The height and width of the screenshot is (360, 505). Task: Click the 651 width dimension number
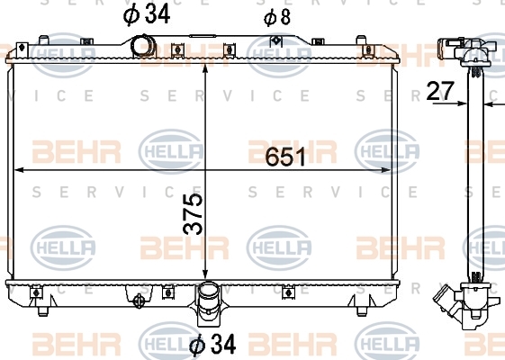point(285,157)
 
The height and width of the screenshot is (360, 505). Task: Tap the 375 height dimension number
point(193,214)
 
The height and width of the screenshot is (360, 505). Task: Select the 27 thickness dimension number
point(440,91)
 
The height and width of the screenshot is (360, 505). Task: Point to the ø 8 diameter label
point(277,17)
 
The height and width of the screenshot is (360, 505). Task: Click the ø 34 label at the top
point(147,14)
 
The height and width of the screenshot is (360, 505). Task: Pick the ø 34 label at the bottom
point(212,344)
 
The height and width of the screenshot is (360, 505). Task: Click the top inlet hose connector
point(142,46)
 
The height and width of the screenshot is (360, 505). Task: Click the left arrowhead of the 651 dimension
point(19,170)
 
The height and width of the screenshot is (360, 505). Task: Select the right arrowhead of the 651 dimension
point(385,170)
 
